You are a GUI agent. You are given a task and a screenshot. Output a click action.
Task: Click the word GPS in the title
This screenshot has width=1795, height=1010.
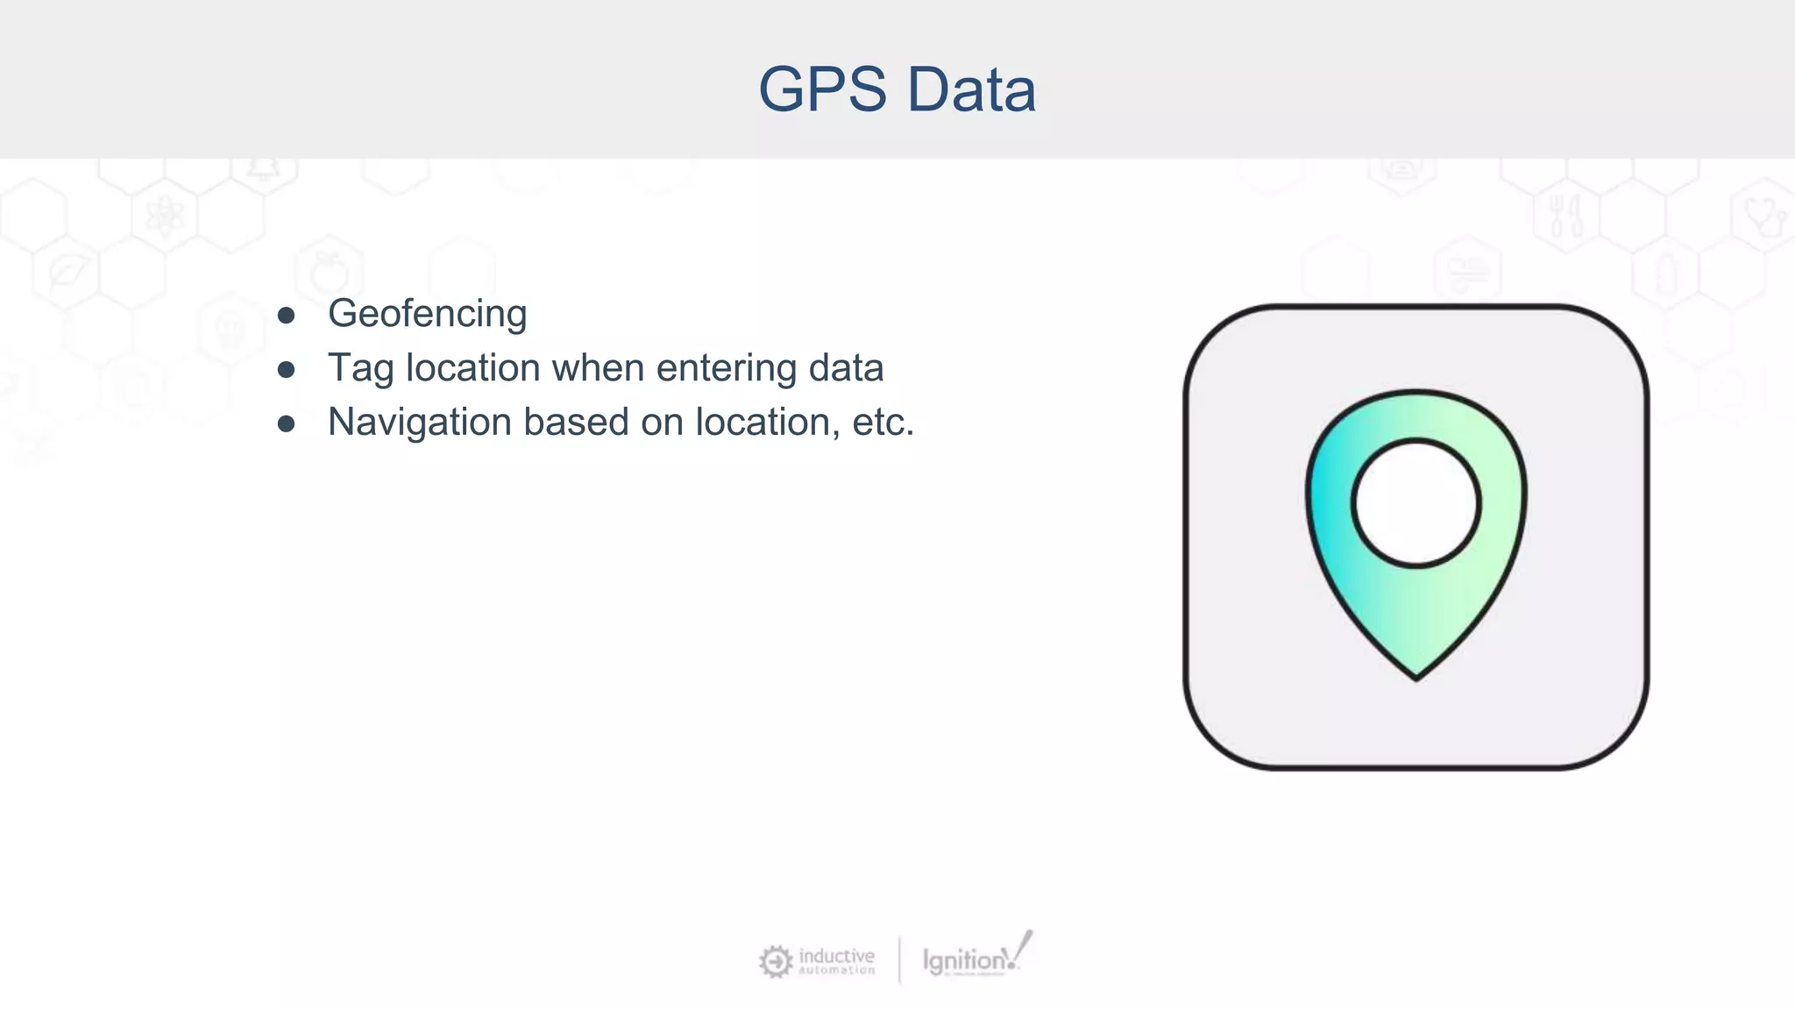click(x=822, y=89)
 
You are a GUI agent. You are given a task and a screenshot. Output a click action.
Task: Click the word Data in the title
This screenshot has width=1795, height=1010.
click(x=971, y=89)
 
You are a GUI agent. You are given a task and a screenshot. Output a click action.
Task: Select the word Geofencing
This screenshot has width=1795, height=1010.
click(x=427, y=314)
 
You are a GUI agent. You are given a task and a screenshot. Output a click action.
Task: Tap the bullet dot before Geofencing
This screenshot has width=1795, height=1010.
click(x=286, y=316)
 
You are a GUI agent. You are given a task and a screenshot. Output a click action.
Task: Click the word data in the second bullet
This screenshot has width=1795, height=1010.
click(x=846, y=368)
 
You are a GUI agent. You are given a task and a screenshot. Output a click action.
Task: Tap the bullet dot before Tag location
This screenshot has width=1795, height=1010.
click(x=286, y=370)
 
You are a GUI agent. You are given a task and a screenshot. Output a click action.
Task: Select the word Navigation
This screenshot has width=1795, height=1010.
click(x=420, y=423)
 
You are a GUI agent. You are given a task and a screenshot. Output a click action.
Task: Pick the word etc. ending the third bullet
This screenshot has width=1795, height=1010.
click(x=883, y=423)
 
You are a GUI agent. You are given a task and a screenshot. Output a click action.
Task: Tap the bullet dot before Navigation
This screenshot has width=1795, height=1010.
click(x=286, y=424)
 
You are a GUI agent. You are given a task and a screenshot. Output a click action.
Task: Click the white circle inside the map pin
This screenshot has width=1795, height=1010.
click(x=1415, y=503)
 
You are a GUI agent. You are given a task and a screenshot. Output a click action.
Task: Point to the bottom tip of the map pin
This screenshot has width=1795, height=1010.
click(x=1416, y=675)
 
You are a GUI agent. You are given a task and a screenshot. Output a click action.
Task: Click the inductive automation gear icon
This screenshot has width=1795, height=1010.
click(x=775, y=962)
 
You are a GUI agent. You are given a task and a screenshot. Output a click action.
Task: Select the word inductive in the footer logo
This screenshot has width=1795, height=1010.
click(x=836, y=956)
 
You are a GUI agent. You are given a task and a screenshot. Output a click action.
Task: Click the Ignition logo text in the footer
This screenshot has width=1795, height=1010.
click(x=964, y=961)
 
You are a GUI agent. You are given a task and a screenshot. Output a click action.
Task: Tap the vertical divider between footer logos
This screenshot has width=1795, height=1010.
click(x=899, y=961)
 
